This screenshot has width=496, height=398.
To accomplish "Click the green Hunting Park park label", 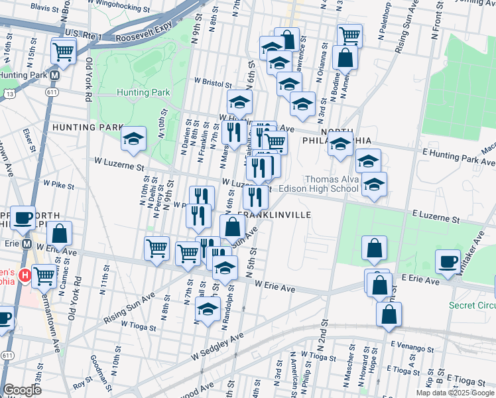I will [x=143, y=93].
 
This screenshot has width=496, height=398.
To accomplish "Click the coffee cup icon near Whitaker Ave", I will [x=448, y=261].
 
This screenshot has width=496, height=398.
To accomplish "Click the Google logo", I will [x=22, y=390].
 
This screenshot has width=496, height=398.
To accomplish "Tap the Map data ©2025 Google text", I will [x=454, y=393].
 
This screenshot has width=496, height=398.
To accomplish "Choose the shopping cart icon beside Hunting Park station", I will [x=62, y=50].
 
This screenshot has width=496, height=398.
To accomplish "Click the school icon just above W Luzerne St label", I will [x=133, y=139].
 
